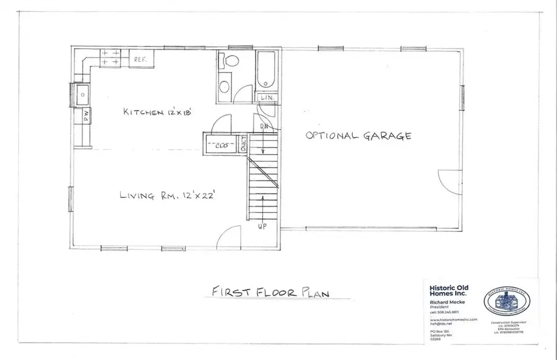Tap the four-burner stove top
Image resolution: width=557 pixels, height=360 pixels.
tap(111, 58)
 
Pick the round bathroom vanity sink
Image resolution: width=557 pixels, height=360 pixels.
tap(225, 86)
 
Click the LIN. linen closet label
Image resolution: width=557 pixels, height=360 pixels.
tap(267, 98)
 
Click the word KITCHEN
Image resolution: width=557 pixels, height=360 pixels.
tap(143, 112)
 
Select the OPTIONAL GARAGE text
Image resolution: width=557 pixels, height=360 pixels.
tap(359, 136)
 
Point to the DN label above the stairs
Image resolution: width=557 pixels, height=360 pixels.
tap(264, 127)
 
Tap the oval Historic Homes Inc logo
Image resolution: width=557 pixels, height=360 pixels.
tap(506, 301)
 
